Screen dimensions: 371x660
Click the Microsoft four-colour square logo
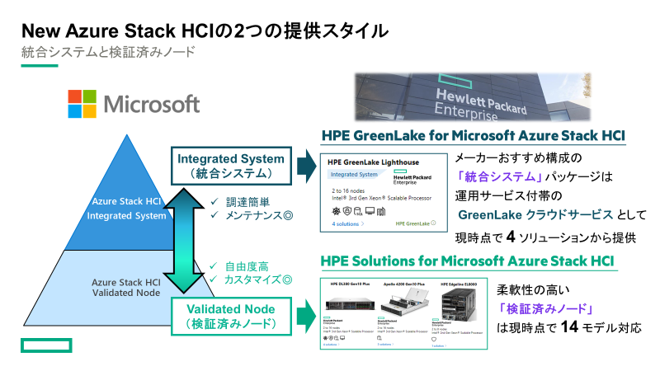click(83, 104)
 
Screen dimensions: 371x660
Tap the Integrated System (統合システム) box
click(231, 166)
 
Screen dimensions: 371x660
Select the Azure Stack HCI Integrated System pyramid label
click(128, 209)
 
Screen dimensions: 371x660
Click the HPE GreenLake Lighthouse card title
click(368, 162)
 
